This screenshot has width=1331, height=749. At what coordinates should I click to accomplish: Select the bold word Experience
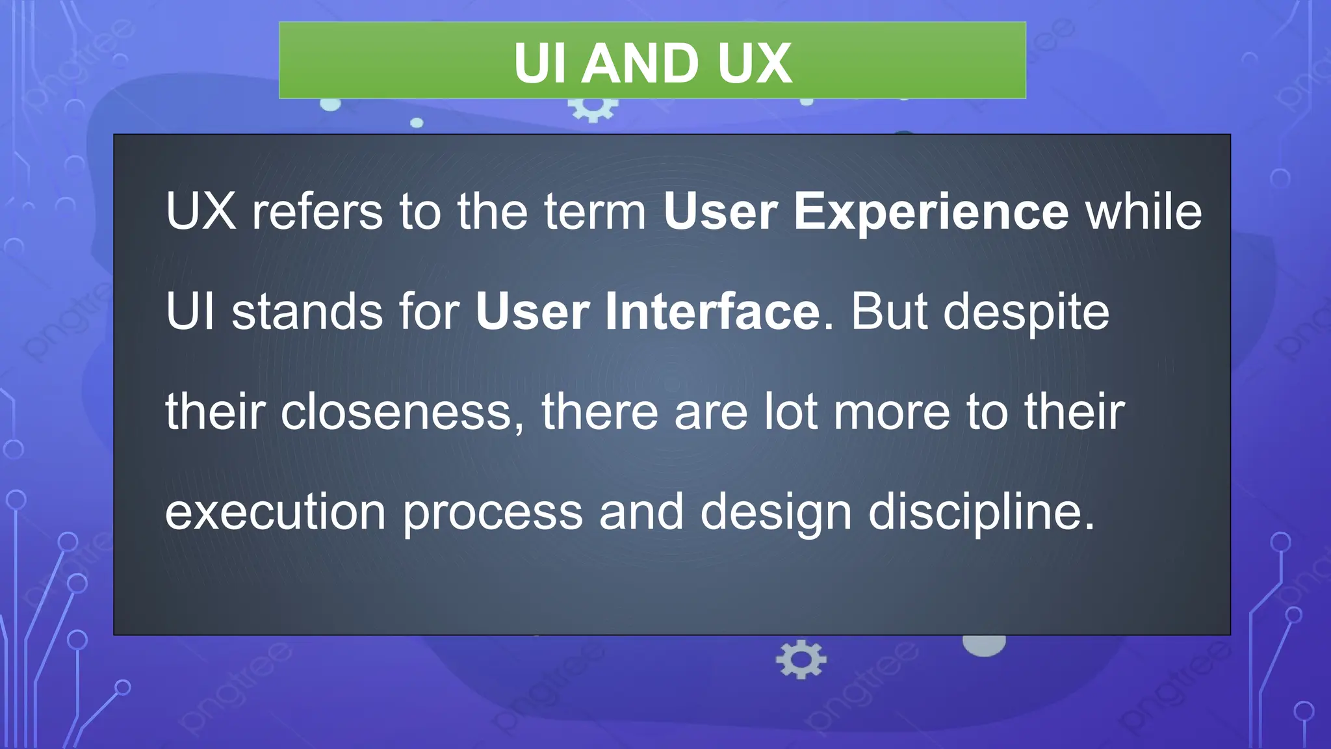931,212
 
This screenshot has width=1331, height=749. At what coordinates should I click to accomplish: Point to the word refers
317,212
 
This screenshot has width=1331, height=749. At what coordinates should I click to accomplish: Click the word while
1144,212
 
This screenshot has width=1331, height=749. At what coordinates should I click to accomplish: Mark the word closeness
397,412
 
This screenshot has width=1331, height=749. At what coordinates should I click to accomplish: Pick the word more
892,413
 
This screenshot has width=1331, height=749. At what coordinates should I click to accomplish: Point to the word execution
276,512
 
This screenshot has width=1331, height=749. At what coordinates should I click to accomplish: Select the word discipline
981,513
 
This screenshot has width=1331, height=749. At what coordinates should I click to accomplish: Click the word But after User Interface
888,312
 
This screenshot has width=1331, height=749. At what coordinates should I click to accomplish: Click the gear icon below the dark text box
801,659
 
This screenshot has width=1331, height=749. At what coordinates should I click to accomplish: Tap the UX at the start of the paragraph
200,212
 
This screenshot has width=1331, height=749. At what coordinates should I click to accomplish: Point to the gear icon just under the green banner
593,108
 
